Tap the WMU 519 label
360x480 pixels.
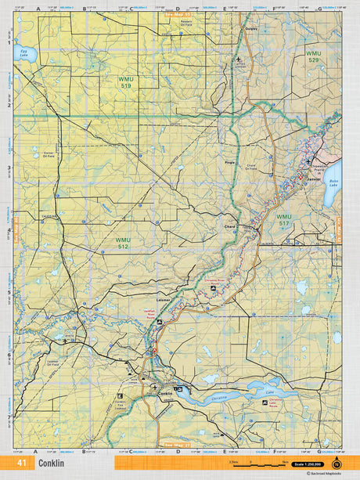126,82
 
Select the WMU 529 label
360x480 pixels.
313,57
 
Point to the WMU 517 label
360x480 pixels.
283,219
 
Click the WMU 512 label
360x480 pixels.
123,243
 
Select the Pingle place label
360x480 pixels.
229,162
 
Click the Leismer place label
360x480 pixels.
163,300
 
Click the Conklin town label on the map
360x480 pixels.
165,392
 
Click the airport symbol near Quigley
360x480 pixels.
239,59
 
